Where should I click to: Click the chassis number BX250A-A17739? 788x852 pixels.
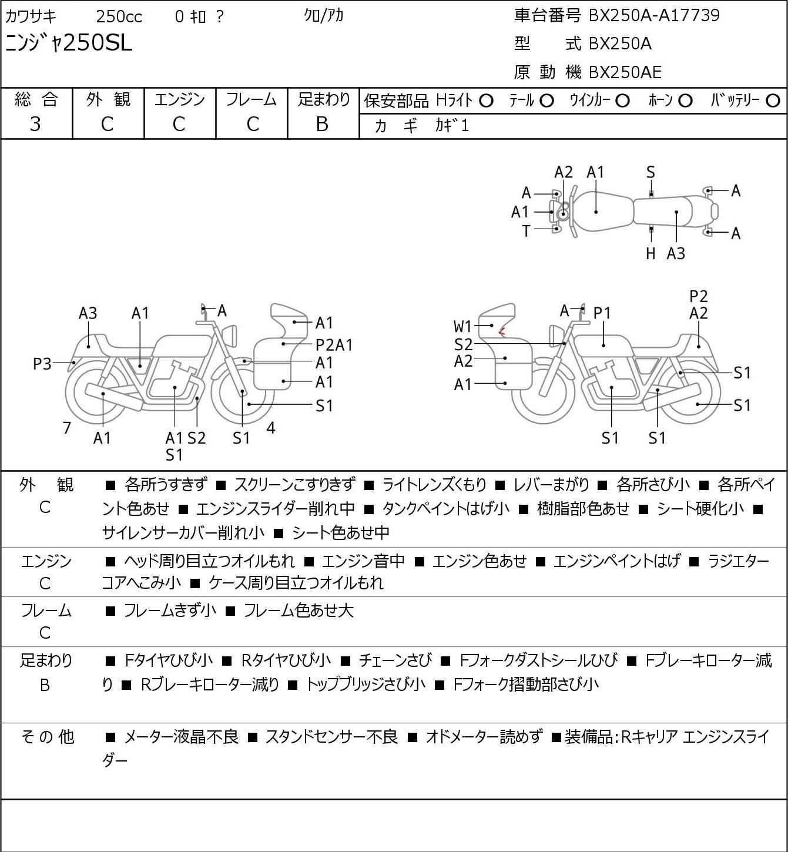point(653,15)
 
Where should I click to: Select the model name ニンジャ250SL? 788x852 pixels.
point(69,43)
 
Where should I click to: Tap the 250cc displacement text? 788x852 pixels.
point(119,16)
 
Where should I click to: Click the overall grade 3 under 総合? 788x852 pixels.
point(35,124)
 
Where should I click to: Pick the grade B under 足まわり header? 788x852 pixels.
point(322,124)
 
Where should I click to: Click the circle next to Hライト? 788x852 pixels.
point(486,101)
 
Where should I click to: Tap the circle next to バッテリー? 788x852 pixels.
point(773,101)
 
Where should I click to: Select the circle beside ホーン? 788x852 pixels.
point(685,101)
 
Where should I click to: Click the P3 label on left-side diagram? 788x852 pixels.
point(42,364)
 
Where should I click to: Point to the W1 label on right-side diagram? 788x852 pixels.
point(462,327)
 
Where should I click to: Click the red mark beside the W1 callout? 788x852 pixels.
point(501,331)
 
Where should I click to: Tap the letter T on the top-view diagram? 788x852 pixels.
point(526,232)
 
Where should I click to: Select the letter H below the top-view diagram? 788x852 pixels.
point(650,253)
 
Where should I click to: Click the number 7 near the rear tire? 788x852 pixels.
point(66,428)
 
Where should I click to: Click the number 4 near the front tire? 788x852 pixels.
point(271,428)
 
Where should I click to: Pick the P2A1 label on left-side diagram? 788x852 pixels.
point(334,345)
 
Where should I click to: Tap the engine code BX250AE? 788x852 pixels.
point(625,72)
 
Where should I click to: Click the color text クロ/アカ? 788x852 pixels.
point(324,16)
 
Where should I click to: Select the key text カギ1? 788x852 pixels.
point(452,126)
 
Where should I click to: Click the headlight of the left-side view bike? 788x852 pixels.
point(230,336)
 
